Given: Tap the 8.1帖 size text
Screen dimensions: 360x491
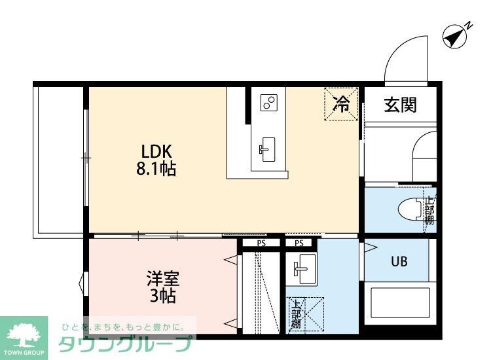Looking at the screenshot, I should (x=156, y=169).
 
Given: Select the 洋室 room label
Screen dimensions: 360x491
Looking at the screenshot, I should (x=160, y=278).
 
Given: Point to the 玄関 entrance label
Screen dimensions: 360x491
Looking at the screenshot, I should (x=400, y=104).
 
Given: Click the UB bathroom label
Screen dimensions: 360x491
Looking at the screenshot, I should (x=399, y=262).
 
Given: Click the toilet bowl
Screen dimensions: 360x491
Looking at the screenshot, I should (x=411, y=209).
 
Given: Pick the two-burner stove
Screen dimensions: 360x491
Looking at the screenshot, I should (x=269, y=103).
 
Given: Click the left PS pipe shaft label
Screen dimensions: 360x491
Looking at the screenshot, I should (x=261, y=243).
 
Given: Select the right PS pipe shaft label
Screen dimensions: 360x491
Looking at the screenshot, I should (x=299, y=243).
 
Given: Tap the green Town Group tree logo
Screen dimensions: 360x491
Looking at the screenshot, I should (x=24, y=334).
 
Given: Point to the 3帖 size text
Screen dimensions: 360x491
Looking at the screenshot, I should (x=160, y=296).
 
